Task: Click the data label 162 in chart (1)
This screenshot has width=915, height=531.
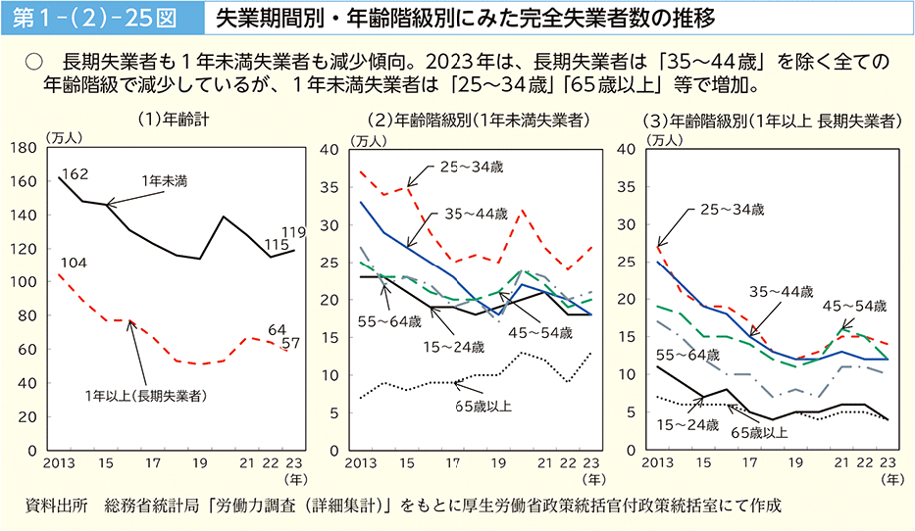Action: tap(75, 174)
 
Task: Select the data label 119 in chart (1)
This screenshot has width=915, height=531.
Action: tap(293, 232)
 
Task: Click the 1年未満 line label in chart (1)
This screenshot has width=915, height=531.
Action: tap(164, 181)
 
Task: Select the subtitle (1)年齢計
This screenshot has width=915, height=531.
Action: tap(173, 121)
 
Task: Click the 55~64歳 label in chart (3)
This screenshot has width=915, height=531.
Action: tap(682, 354)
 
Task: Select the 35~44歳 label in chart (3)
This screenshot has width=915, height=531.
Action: tap(782, 291)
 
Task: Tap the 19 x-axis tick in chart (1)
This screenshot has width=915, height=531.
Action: tap(199, 462)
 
